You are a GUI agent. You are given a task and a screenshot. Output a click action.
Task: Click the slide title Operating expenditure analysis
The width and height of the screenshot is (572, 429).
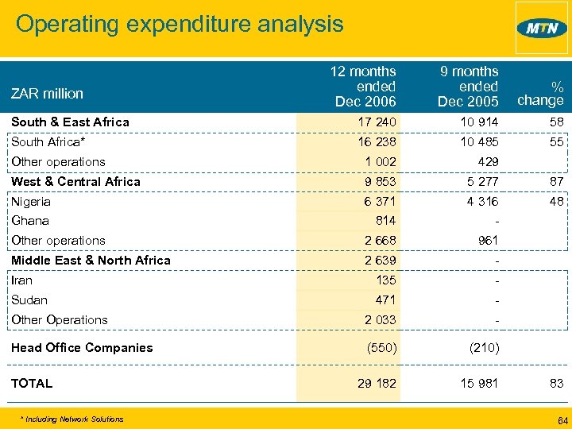pos(180,23)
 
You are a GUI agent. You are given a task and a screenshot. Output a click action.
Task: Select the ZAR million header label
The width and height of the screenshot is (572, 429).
pos(47,94)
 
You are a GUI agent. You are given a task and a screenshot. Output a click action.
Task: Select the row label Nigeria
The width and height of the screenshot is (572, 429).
pos(31,202)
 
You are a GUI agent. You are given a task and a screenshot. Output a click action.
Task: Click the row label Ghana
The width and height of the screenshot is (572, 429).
pos(30,221)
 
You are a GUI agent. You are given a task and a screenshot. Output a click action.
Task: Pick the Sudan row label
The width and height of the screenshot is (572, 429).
pos(29,300)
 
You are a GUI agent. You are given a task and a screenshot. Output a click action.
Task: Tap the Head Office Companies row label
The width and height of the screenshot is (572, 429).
pos(82,348)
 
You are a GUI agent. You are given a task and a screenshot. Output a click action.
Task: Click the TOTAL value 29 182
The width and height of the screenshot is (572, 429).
pos(376,384)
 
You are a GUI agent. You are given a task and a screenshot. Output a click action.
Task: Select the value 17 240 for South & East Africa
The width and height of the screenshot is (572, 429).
pos(377,122)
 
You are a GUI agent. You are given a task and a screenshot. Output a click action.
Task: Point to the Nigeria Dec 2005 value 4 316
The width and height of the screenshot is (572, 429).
pos(480,202)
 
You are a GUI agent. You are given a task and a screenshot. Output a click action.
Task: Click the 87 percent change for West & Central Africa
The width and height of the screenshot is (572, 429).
pos(555,182)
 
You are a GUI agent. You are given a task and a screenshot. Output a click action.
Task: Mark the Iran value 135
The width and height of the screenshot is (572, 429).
pos(385,280)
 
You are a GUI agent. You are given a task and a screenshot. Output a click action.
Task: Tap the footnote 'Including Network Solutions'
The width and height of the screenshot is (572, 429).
pos(73,419)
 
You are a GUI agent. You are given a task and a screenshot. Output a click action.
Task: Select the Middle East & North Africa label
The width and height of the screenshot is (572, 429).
pos(91,261)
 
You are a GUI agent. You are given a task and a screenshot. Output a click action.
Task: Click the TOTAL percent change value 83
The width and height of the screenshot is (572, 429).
pos(555,384)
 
